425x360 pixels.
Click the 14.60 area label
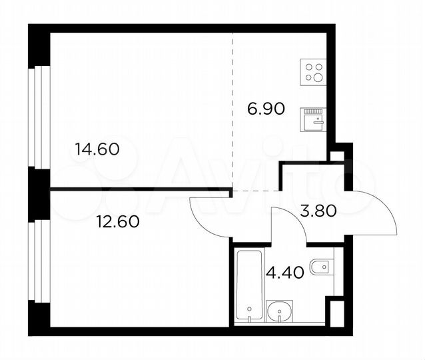tap(97, 149)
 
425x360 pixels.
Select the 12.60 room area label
tap(117, 223)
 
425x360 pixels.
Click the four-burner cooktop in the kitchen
tap(313, 71)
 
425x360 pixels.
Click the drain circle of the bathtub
tap(249, 309)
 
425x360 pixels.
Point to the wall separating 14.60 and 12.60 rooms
tap(140, 190)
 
